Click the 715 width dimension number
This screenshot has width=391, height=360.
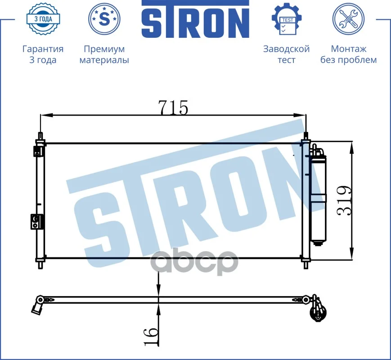(174, 108)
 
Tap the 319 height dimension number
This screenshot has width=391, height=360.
(344, 201)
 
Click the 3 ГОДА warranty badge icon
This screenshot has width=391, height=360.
(43, 19)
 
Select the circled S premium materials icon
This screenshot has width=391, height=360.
(104, 19)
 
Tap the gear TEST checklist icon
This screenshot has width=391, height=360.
(287, 19)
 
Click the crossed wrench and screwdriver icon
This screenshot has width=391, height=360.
(348, 19)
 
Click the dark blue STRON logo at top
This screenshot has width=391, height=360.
(195, 19)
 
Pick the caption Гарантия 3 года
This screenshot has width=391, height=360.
(43, 54)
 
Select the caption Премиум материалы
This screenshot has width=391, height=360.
(104, 54)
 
